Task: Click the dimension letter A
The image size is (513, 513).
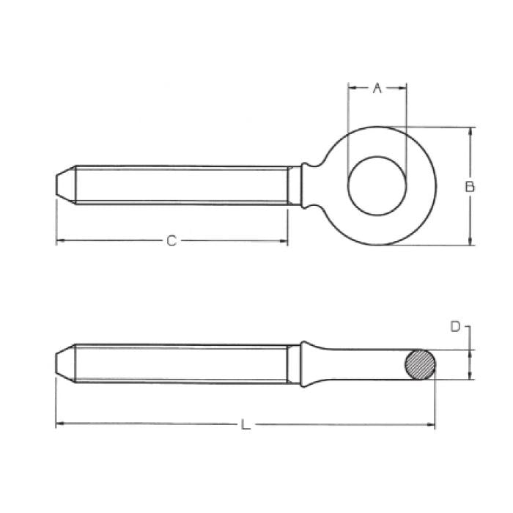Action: (377, 88)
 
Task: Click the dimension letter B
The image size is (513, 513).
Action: (470, 186)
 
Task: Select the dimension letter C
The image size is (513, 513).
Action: (171, 240)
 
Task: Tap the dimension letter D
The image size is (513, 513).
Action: (456, 327)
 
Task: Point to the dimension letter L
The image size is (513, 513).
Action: (246, 424)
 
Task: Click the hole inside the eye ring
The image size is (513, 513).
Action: (377, 186)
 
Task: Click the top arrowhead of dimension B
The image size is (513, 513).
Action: (470, 130)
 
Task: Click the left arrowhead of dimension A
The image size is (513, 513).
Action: (351, 88)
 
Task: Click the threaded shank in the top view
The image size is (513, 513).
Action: (183, 185)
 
